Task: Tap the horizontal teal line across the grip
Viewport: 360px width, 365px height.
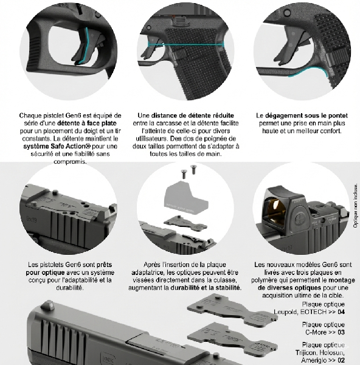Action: click(186, 44)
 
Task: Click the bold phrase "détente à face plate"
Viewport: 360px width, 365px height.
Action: click(87, 123)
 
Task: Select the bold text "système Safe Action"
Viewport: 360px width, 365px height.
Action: click(57, 146)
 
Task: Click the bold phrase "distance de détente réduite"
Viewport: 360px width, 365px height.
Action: click(192, 116)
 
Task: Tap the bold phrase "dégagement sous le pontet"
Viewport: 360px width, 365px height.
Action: click(306, 116)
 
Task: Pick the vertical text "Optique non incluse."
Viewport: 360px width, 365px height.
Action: click(355, 206)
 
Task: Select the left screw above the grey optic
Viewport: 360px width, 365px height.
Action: click(184, 173)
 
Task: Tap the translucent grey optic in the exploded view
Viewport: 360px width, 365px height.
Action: click(186, 197)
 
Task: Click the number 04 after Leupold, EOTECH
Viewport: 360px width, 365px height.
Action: click(341, 311)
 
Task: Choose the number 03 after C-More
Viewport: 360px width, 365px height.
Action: click(341, 332)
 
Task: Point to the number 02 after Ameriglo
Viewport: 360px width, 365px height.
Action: click(341, 360)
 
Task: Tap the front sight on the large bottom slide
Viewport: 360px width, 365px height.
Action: click(48, 305)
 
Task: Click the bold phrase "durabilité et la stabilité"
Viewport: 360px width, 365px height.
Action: click(206, 288)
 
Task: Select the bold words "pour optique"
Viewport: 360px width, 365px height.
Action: click(45, 273)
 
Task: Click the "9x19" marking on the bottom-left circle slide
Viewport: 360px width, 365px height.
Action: click(32, 219)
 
